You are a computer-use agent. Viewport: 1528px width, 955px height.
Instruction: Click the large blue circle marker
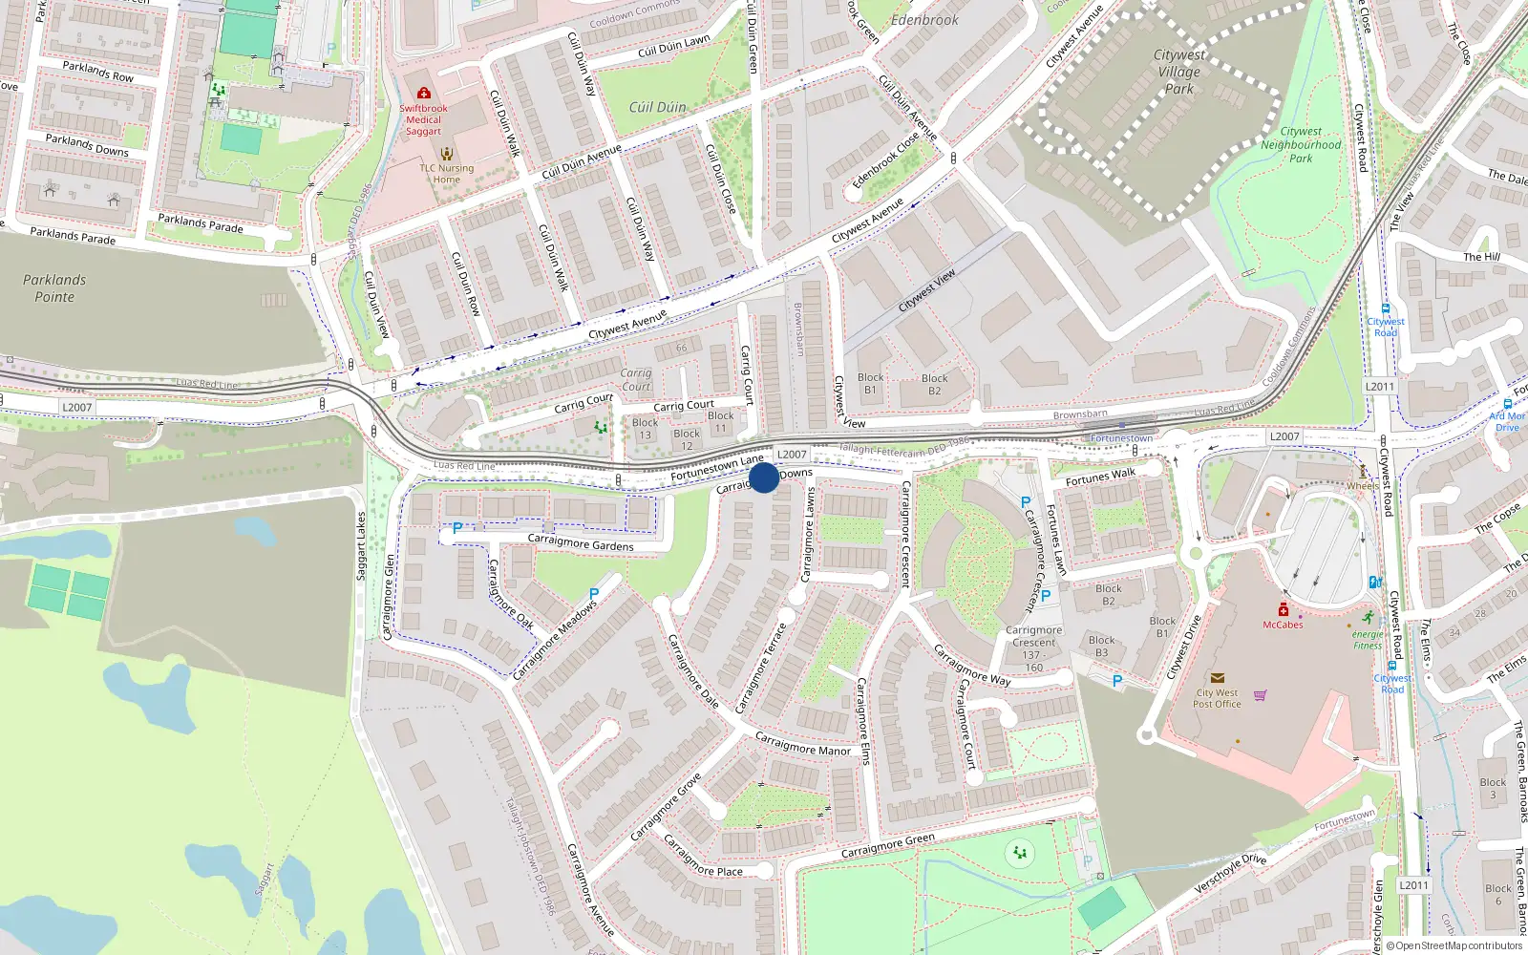[x=764, y=477]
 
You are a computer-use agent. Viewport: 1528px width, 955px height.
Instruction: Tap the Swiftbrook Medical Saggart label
[x=423, y=119]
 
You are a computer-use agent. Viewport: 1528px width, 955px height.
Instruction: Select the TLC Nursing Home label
[x=446, y=174]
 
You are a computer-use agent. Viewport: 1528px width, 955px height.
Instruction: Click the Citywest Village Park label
[x=1179, y=72]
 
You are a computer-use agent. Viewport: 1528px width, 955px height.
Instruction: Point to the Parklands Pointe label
[x=54, y=288]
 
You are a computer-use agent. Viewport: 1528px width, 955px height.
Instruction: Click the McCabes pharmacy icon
[x=1283, y=609]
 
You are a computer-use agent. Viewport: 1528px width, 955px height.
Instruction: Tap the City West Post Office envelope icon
[x=1217, y=678]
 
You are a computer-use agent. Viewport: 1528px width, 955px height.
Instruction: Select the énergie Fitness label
[x=1368, y=640]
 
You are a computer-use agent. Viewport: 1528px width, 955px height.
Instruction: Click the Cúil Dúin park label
[x=657, y=107]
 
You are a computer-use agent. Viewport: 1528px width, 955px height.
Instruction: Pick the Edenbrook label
[x=924, y=19]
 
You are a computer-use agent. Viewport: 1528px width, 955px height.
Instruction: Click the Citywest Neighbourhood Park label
[x=1301, y=145]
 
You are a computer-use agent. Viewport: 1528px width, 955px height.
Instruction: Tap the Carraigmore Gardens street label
[x=581, y=544]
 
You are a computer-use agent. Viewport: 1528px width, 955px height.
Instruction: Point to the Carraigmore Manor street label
[x=802, y=744]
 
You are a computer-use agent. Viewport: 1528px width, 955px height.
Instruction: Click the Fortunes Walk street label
[x=1100, y=477]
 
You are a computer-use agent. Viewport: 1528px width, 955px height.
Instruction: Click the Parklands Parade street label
[x=73, y=235]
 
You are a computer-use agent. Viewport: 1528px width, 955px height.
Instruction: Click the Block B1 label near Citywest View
[x=870, y=383]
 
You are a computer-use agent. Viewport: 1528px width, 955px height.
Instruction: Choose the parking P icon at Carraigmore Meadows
[x=594, y=594]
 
